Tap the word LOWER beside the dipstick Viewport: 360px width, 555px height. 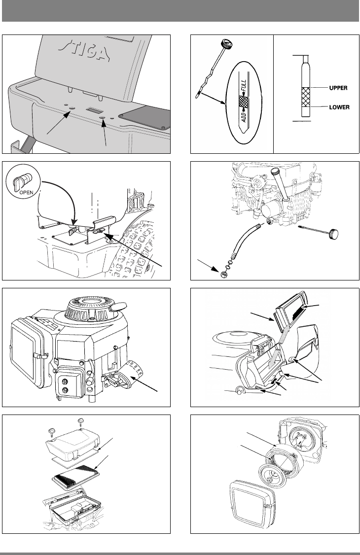(338, 106)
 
